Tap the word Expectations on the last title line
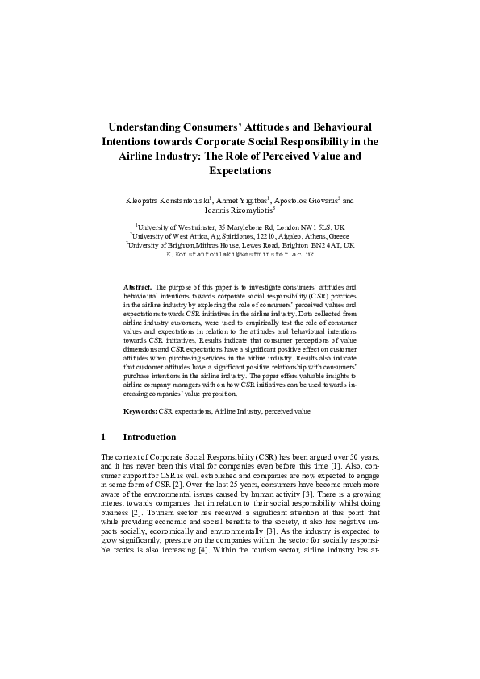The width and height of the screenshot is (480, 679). (240, 171)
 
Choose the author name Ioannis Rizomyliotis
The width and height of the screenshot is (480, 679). (239, 210)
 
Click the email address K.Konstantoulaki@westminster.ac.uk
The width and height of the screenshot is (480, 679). (239, 253)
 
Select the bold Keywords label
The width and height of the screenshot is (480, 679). (140, 411)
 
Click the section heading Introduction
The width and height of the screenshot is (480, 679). (149, 437)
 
